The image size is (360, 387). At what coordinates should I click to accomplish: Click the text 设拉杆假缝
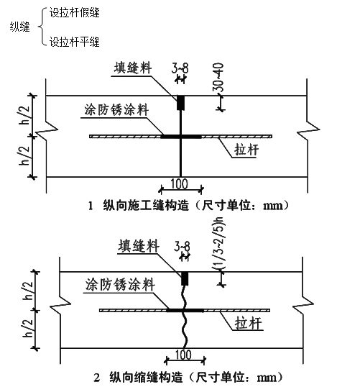(x=74, y=12)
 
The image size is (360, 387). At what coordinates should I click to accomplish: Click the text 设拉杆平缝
(x=74, y=42)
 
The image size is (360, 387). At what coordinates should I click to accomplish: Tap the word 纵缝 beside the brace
(x=19, y=27)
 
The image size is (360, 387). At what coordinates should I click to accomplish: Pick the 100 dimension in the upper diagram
(x=180, y=183)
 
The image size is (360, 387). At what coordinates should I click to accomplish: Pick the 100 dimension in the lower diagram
(x=183, y=355)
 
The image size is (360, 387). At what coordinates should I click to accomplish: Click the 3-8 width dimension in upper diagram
(x=180, y=66)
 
